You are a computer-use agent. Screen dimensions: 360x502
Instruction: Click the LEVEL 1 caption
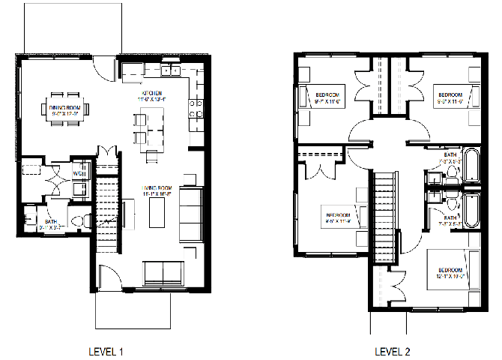[x=106, y=350]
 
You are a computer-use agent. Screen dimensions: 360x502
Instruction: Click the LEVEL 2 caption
[x=392, y=350]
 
